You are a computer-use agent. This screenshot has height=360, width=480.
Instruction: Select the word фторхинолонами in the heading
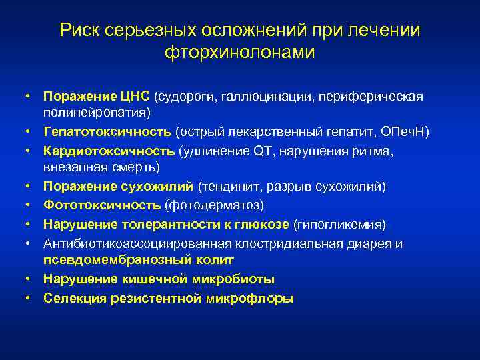click(x=239, y=53)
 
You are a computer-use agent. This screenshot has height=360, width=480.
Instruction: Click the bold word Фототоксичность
click(x=102, y=204)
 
